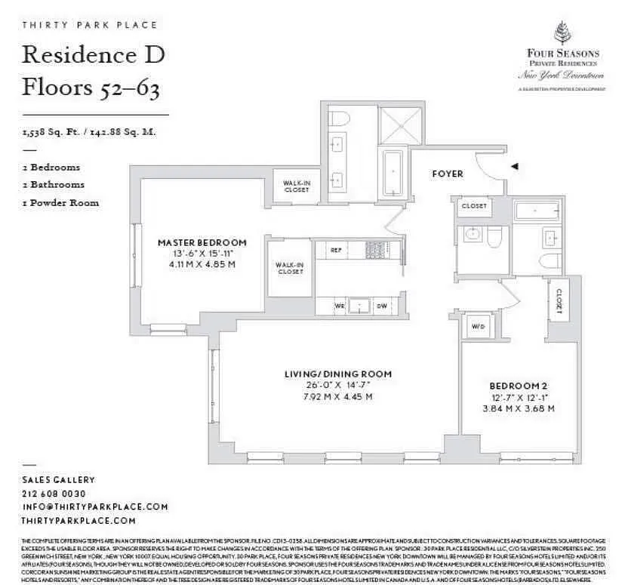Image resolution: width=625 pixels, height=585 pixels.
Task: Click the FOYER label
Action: [x=447, y=174]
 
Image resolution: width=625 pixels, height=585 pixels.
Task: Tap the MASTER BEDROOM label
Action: [x=202, y=242]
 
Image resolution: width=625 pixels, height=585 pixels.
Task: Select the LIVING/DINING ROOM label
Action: [x=337, y=374]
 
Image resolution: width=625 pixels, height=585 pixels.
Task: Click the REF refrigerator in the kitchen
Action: [x=336, y=248]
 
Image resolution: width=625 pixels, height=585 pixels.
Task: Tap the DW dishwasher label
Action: [x=382, y=305]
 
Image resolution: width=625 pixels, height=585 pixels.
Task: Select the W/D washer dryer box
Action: [x=478, y=327]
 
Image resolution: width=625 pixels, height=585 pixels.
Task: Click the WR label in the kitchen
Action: [x=340, y=305]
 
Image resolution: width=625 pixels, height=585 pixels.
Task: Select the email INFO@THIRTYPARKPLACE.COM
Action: [x=95, y=507]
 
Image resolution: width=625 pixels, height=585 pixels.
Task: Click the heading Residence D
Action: [x=94, y=54]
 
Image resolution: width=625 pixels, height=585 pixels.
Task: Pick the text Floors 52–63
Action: [x=91, y=88]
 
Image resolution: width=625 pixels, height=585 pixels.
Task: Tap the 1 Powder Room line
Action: [x=60, y=202]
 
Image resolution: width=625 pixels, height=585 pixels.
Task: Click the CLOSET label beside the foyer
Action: [x=474, y=206]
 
